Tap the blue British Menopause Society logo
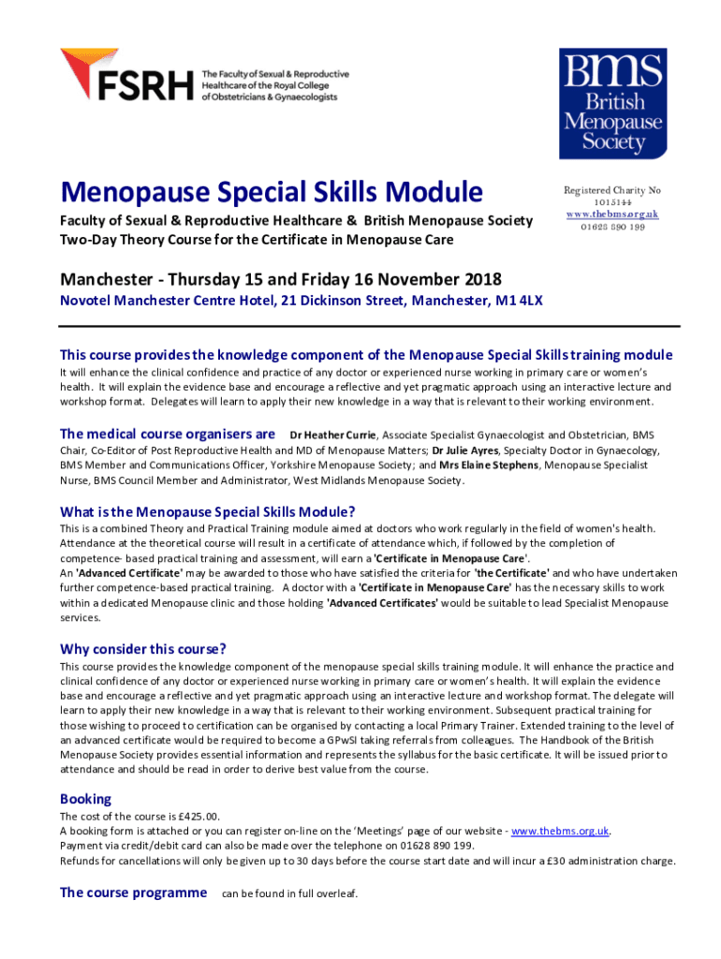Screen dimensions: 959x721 tap(611, 103)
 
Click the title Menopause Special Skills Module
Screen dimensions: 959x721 tap(272, 193)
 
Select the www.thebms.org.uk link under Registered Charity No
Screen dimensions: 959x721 tap(611, 214)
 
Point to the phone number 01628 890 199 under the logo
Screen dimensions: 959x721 tap(611, 227)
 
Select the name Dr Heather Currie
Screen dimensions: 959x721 tap(333, 435)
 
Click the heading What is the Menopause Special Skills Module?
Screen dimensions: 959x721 tap(208, 511)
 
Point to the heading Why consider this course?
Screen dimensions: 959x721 tap(143, 649)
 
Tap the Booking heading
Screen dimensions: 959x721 tap(85, 799)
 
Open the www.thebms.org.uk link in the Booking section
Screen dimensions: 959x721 tap(561, 831)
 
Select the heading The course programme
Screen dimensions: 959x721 tap(133, 893)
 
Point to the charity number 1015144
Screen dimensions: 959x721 tap(611, 202)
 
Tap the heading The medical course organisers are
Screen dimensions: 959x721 tap(167, 434)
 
